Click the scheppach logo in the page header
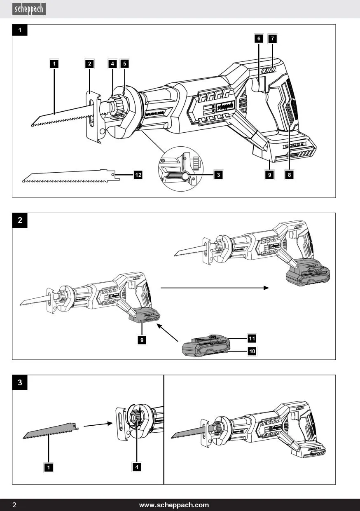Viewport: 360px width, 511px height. point(29,9)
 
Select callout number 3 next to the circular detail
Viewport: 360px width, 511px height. point(219,175)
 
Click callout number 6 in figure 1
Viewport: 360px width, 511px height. point(259,38)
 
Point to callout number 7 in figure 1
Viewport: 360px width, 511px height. point(272,38)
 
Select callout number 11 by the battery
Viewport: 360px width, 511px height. point(252,338)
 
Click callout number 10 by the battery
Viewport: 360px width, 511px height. point(252,351)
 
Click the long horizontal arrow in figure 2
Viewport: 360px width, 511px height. point(214,288)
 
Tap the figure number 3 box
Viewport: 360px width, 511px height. point(20,382)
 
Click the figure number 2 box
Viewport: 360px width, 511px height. point(20,220)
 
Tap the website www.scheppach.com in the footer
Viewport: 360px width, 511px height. point(174,505)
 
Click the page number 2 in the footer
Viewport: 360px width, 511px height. point(14,505)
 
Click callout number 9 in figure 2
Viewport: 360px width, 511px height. point(142,340)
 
